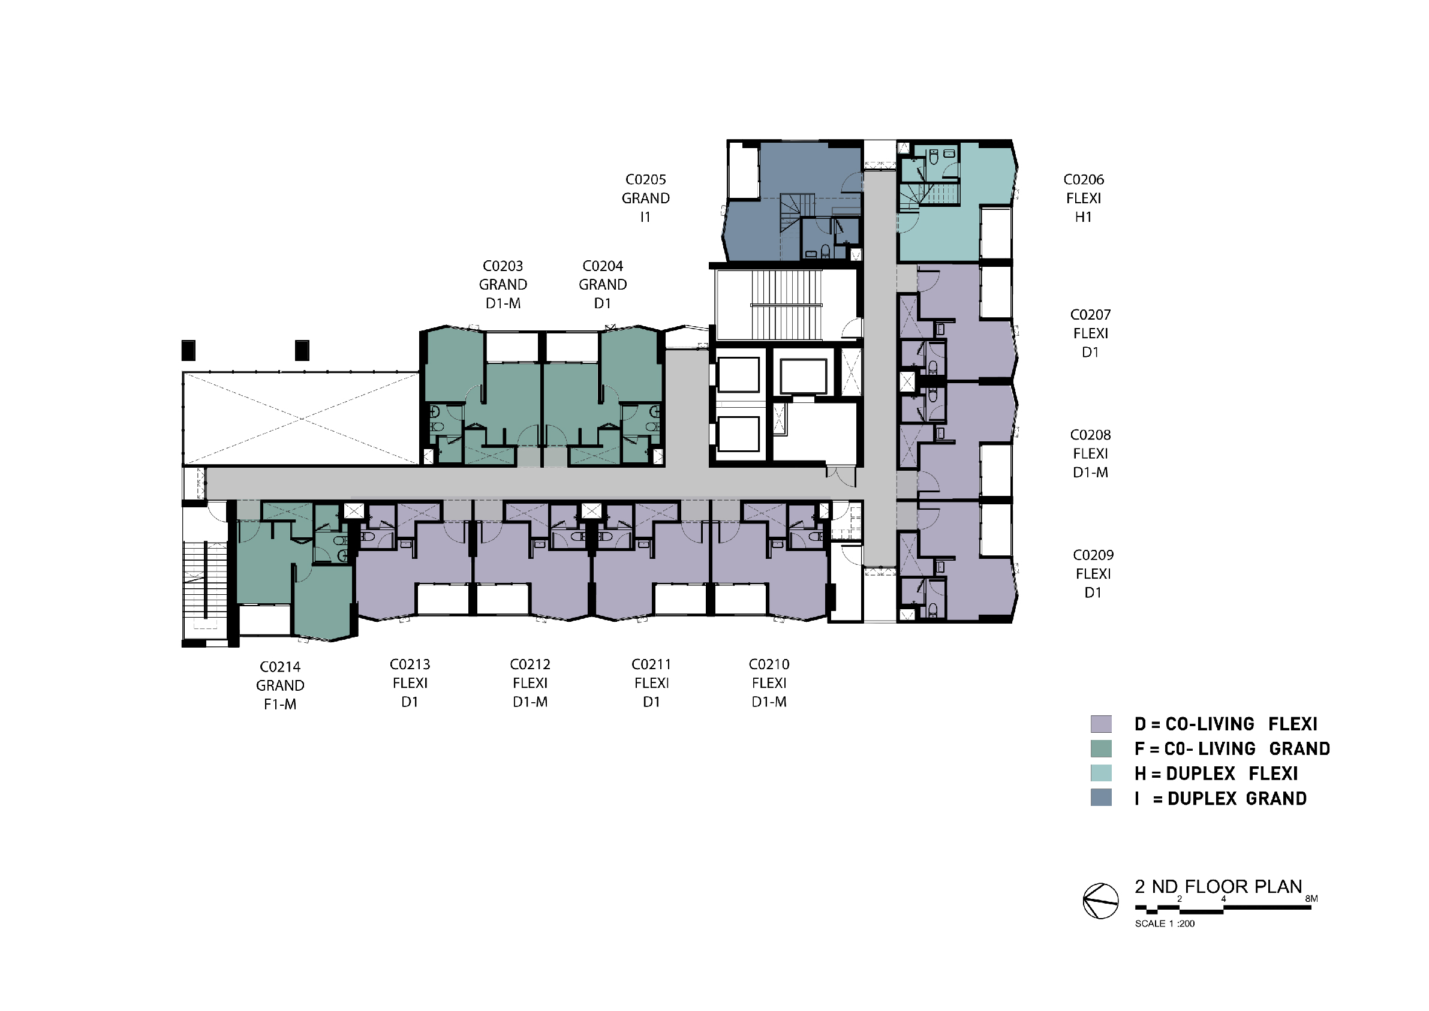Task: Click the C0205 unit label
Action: tap(645, 180)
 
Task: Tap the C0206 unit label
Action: tap(1084, 180)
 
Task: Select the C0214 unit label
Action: tap(280, 667)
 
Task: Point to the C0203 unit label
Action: tap(503, 266)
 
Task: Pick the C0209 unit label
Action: tap(1093, 555)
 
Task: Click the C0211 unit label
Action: tap(652, 665)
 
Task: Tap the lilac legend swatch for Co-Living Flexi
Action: tap(1101, 724)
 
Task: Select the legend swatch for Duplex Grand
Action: tap(1101, 798)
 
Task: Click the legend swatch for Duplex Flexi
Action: tap(1101, 773)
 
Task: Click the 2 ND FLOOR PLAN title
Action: tap(1218, 886)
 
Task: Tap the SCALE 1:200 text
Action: tap(1165, 924)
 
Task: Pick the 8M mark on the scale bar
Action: tap(1311, 899)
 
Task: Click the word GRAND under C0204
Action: tap(603, 285)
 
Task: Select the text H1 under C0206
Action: tap(1084, 217)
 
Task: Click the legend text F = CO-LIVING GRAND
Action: tap(1232, 749)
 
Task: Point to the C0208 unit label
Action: tap(1090, 435)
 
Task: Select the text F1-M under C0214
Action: tap(280, 705)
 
